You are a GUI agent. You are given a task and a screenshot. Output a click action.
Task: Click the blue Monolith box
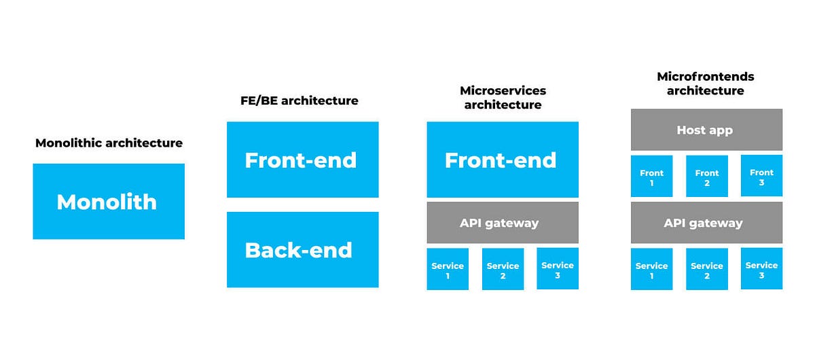tap(109, 201)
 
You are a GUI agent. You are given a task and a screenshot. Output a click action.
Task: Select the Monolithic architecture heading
tap(109, 143)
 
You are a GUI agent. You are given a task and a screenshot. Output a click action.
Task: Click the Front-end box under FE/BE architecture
tap(302, 160)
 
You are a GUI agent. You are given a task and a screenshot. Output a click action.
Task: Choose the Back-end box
tap(302, 249)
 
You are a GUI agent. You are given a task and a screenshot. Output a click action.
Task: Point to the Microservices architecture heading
tap(503, 98)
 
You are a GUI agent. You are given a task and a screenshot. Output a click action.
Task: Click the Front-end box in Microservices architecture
tap(503, 160)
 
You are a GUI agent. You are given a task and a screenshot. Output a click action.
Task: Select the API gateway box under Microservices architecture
tap(503, 223)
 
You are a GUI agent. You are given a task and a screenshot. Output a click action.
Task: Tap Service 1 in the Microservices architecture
tap(448, 270)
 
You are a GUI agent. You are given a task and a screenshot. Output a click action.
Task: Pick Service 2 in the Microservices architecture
tap(503, 270)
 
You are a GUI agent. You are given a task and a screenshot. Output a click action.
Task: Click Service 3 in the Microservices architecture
tap(558, 269)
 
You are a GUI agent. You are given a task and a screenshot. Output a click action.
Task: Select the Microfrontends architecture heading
tap(706, 84)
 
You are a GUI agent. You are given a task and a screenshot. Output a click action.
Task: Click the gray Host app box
tap(706, 130)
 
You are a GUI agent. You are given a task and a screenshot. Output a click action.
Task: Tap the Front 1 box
tap(652, 177)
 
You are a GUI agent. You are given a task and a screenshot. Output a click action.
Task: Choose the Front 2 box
tap(707, 177)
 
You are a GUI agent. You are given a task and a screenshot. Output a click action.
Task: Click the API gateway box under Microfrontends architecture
tap(706, 223)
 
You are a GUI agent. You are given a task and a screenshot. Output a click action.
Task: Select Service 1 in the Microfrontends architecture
tap(652, 270)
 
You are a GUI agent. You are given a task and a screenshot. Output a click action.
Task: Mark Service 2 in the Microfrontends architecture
tap(707, 270)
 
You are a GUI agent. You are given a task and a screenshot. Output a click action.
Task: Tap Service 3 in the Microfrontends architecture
tap(761, 269)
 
